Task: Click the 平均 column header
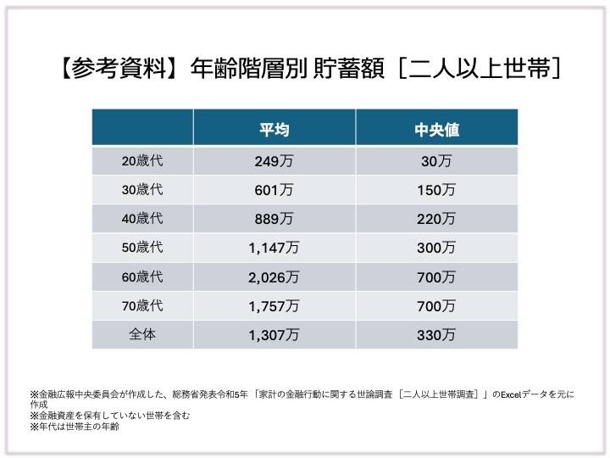coord(274,130)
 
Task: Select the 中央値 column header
coord(436,130)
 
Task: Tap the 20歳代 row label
coord(141,160)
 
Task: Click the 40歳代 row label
coord(141,219)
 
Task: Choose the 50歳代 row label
coord(141,248)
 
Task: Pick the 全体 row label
coord(141,334)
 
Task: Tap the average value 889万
coord(274,219)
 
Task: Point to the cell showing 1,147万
coord(274,248)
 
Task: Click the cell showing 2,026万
coord(274,277)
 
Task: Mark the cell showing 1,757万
coord(274,306)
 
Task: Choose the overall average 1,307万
coord(274,335)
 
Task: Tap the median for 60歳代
coord(436,277)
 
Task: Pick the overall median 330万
coord(436,335)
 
